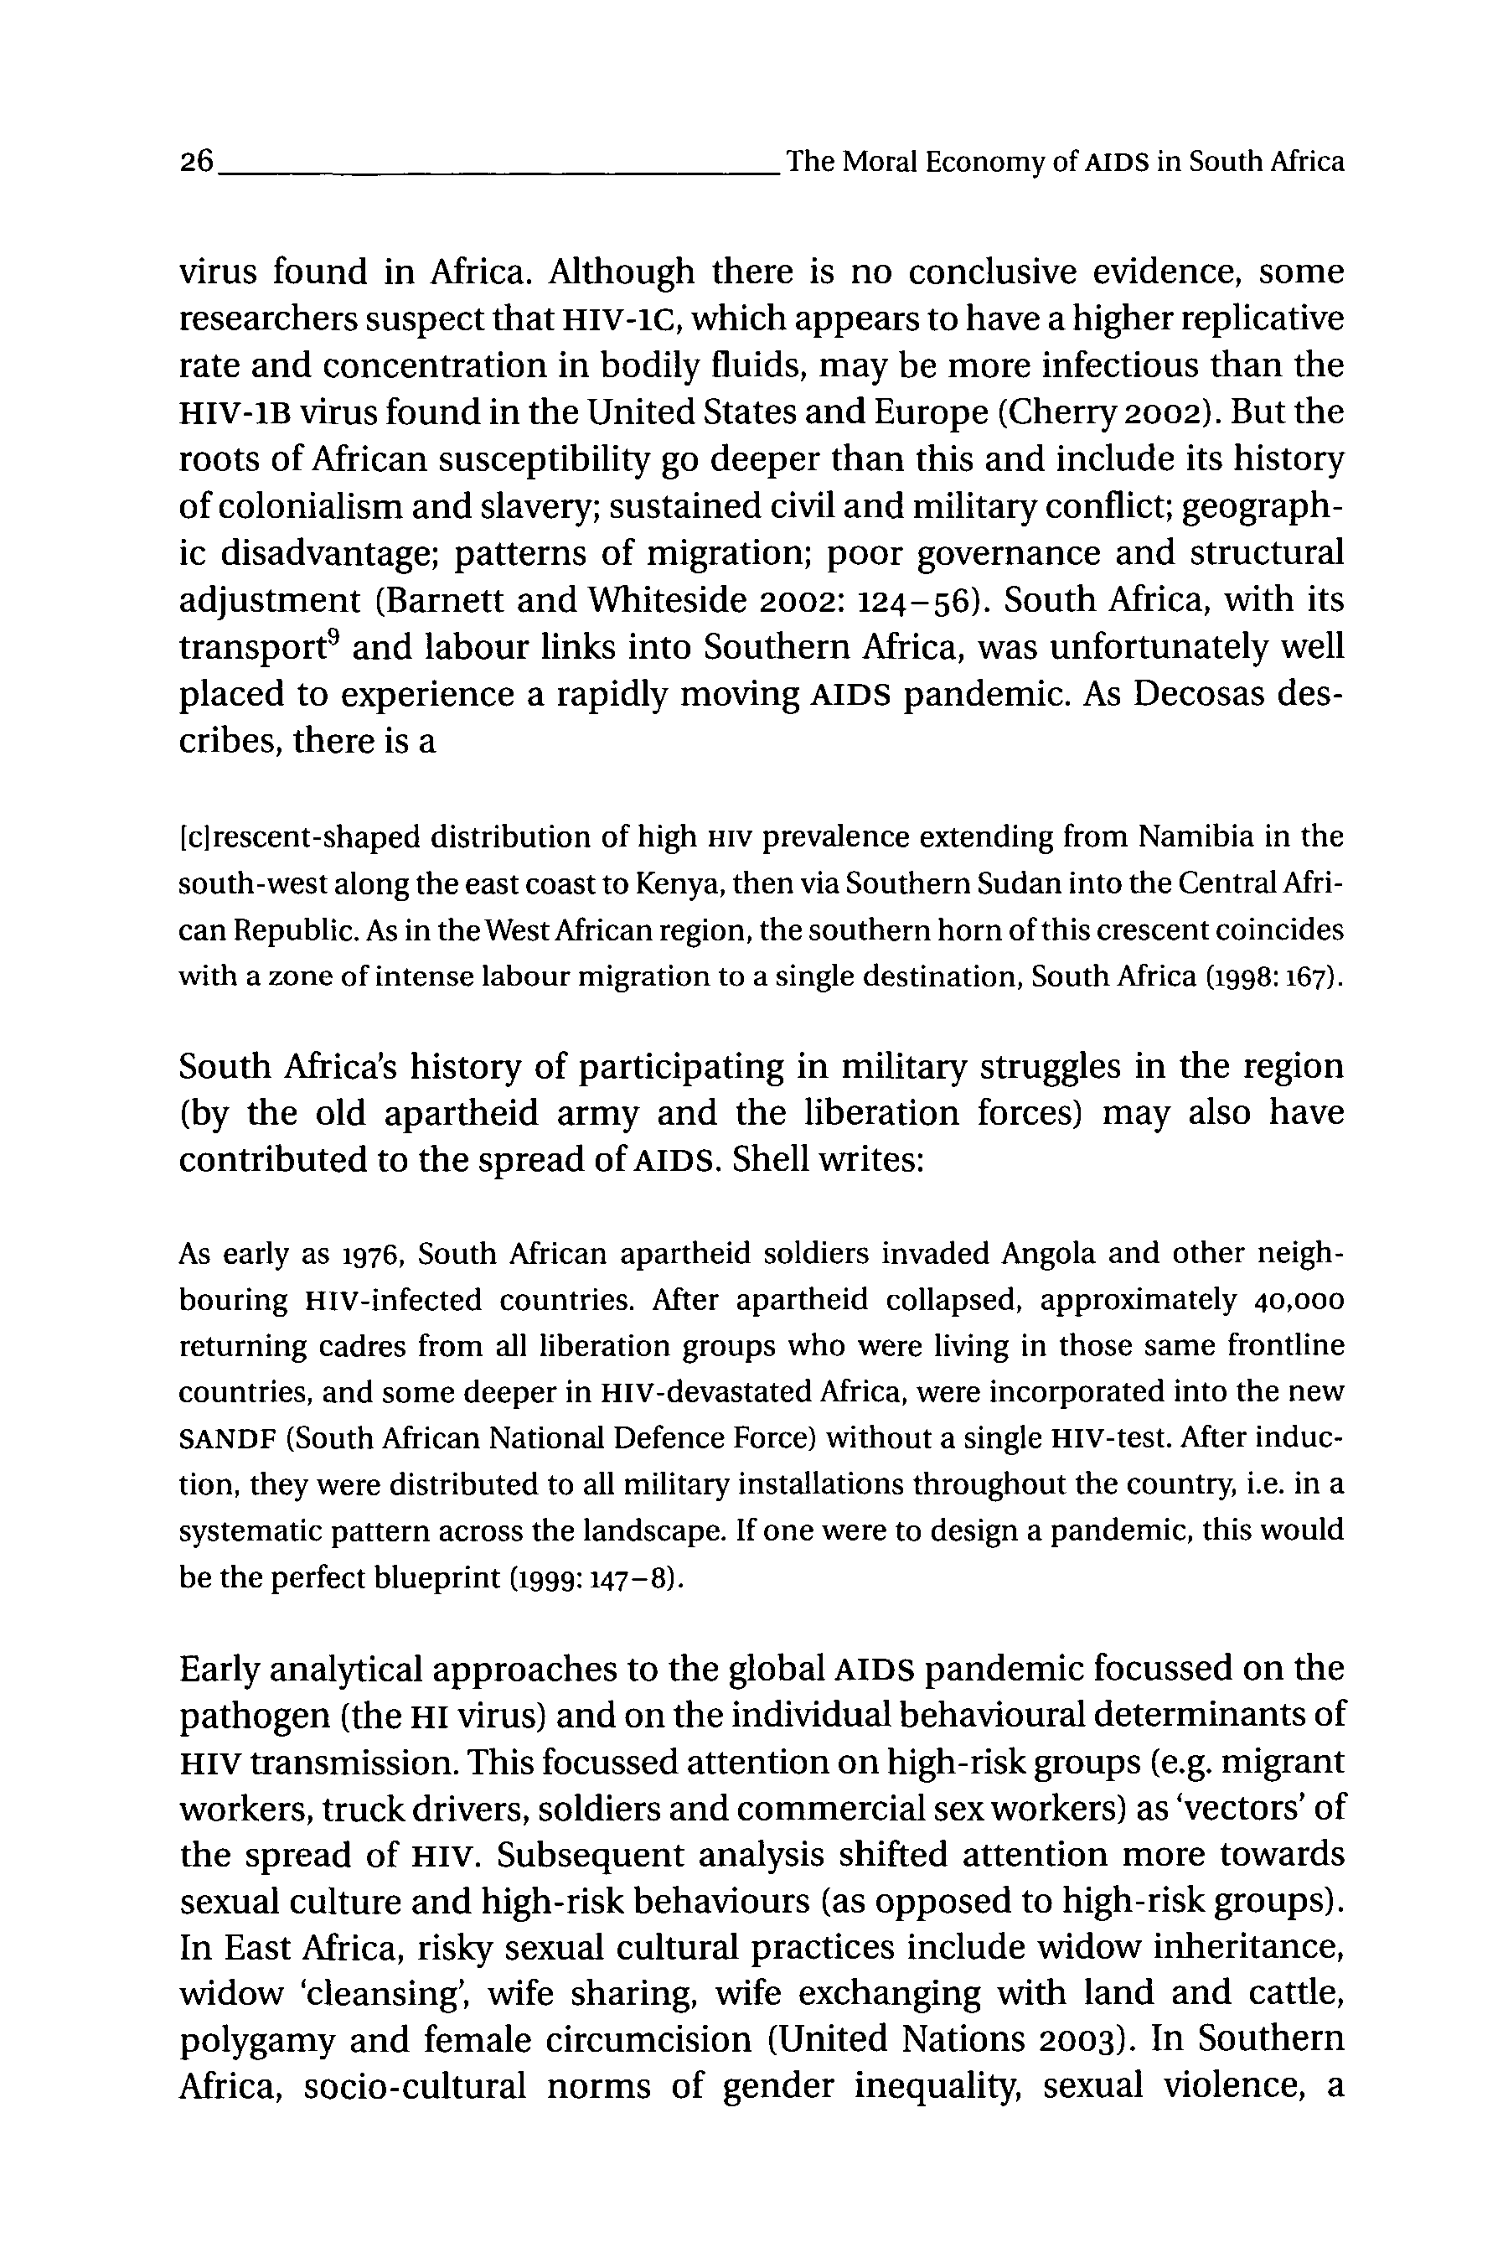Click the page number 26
tap(196, 163)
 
